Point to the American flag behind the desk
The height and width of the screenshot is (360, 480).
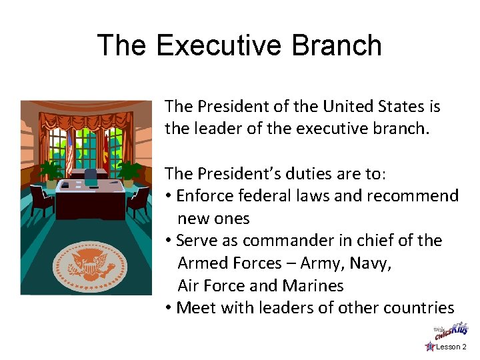(69, 150)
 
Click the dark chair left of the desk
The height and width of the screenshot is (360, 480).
(42, 200)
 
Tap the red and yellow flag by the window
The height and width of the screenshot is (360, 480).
(104, 150)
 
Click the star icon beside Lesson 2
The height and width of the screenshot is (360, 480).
(430, 347)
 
